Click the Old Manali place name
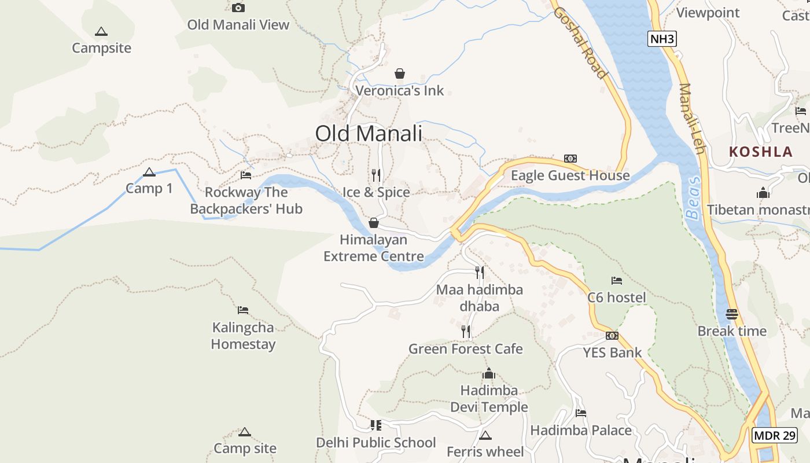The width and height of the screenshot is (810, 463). [369, 134]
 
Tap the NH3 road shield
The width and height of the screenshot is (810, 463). [662, 39]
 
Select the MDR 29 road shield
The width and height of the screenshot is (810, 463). [775, 435]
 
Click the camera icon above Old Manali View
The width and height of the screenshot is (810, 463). [238, 8]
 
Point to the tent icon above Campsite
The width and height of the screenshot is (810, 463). [101, 31]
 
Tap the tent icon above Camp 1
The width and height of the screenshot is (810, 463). [149, 172]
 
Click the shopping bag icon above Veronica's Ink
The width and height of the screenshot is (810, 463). [399, 74]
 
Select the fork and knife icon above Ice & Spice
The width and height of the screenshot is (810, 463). [376, 175]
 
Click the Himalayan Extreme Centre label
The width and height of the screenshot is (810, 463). [374, 248]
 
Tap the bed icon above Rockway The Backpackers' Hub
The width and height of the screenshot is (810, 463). [246, 175]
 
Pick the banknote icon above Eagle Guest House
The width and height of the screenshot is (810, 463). [570, 159]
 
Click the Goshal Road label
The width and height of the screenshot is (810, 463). [580, 42]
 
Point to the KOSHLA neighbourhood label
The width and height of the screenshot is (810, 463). [761, 152]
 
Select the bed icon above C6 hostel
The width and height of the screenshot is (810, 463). [617, 281]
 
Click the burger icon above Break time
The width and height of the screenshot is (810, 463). [732, 314]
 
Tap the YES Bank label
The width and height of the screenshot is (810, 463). [612, 352]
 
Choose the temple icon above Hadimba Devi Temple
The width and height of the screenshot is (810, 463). [489, 373]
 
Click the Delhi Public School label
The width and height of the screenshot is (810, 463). [376, 443]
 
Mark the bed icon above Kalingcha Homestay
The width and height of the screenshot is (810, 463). [243, 310]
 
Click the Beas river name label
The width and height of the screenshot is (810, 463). [694, 198]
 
